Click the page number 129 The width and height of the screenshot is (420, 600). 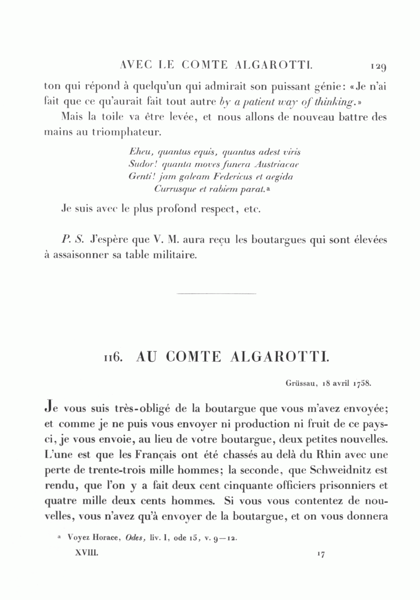pyautogui.click(x=378, y=67)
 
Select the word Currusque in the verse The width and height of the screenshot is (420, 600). pyautogui.click(x=173, y=189)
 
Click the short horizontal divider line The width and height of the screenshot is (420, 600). pyautogui.click(x=217, y=294)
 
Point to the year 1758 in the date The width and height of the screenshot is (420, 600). pyautogui.click(x=362, y=383)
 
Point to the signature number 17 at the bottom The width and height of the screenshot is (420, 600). pyautogui.click(x=321, y=554)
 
